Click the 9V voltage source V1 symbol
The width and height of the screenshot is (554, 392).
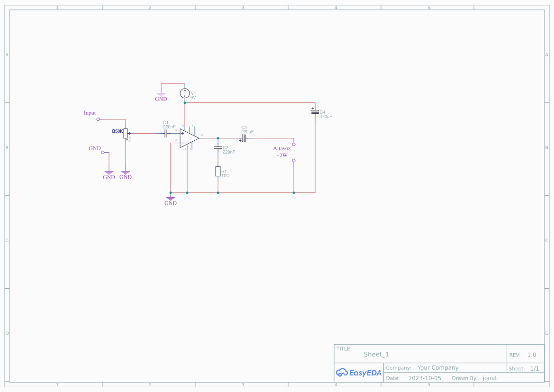coord(185,93)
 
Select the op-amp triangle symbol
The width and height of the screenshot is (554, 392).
coord(189,138)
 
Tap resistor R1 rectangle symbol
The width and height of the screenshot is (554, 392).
coord(218,172)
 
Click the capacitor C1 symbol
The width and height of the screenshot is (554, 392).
coord(166,134)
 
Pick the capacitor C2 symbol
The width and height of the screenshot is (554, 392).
coord(218,148)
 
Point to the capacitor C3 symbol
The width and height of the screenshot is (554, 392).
coord(243,138)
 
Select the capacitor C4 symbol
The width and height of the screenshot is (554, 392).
coord(315,111)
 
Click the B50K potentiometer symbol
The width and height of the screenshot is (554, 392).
coord(126,134)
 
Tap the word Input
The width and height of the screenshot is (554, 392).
coord(90,113)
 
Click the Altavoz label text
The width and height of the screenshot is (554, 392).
coord(282,148)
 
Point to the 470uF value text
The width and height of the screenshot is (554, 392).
coord(326,117)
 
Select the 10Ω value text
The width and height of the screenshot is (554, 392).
coord(225,176)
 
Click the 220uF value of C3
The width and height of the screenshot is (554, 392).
coord(247,132)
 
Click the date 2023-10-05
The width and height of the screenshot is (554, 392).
coord(424,378)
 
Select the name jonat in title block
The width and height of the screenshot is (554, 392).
coord(490,378)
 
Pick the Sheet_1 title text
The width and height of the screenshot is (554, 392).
coord(376,355)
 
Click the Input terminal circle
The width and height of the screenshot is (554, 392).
coord(98,119)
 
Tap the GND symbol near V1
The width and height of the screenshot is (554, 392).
coord(161,97)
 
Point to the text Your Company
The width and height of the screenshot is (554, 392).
coord(438,368)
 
